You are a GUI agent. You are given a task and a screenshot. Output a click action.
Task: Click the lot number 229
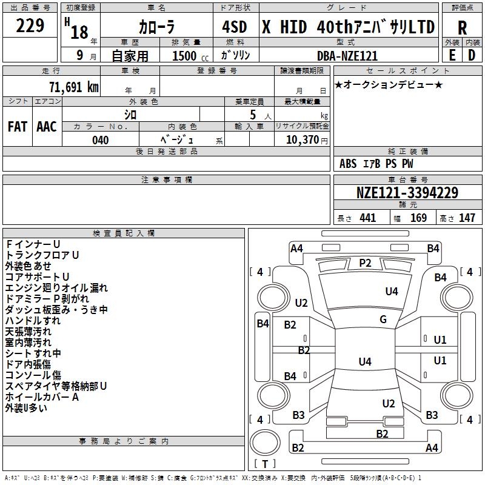point(30,26)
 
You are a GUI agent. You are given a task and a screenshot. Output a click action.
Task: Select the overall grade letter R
point(462,28)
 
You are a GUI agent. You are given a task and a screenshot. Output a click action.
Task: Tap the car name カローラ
point(156,28)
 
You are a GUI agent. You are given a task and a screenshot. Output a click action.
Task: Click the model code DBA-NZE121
point(347,56)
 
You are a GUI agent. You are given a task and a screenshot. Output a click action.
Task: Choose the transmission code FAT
point(17,127)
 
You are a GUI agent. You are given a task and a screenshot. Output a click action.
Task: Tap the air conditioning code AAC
point(46,127)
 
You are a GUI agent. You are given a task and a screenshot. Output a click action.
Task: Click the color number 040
point(100,140)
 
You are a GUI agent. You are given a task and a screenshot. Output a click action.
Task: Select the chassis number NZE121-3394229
point(407,193)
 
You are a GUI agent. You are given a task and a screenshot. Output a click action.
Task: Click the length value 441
point(367,218)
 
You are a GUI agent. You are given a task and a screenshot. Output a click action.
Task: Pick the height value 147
point(466,218)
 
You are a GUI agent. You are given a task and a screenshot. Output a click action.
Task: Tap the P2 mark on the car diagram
point(365,263)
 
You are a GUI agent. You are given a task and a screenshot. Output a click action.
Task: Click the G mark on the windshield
point(383,319)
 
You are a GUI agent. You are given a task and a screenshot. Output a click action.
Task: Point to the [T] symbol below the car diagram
point(265,464)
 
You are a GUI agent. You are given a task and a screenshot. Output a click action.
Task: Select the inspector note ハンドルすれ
point(33,320)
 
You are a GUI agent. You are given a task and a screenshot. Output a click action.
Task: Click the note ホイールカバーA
point(42,397)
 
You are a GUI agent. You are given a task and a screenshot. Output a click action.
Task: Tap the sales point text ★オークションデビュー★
point(389,84)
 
